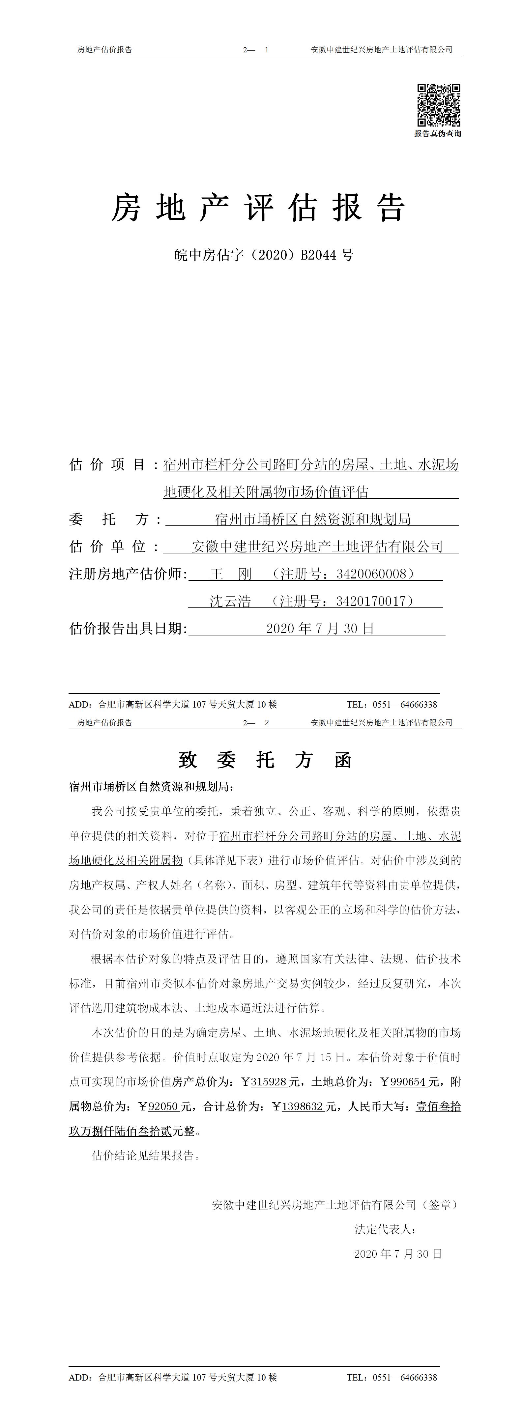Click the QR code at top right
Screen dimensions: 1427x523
(x=438, y=105)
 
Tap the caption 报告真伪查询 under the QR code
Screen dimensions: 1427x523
(x=438, y=133)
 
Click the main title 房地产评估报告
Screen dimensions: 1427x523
(x=259, y=208)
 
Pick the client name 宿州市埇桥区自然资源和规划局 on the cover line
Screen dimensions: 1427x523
(x=312, y=519)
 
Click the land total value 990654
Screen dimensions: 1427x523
(x=408, y=1081)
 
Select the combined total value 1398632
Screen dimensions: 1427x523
(x=303, y=1106)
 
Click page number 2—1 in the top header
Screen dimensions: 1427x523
(x=256, y=50)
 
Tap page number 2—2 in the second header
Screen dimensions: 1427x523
(x=256, y=722)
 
